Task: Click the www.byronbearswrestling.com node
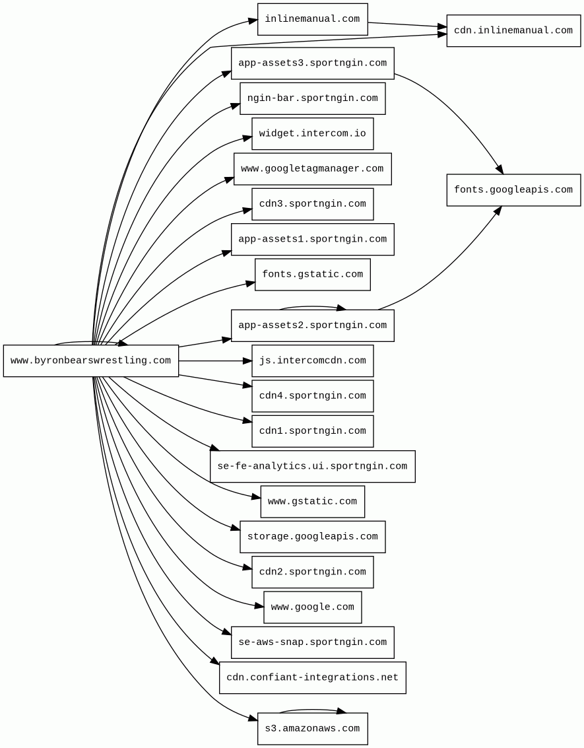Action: coord(90,360)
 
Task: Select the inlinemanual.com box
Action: coord(312,19)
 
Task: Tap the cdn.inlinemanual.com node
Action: coord(513,30)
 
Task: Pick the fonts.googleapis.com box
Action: coord(513,190)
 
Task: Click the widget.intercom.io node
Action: coord(312,133)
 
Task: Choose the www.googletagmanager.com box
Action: coord(312,169)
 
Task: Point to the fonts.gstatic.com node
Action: coord(312,274)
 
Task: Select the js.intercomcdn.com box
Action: coord(312,360)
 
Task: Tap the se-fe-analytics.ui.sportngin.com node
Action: coord(312,466)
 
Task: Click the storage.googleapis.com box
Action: coord(312,537)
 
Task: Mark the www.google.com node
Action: coord(312,607)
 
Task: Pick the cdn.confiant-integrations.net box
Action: coord(312,677)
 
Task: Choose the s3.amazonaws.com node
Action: coord(312,729)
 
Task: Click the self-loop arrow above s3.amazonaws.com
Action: coord(312,710)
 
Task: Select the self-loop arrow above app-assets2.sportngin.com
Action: coord(312,306)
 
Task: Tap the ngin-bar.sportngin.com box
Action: coord(312,98)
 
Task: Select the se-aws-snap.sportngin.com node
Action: coord(312,642)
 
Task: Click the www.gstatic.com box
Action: coord(312,502)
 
